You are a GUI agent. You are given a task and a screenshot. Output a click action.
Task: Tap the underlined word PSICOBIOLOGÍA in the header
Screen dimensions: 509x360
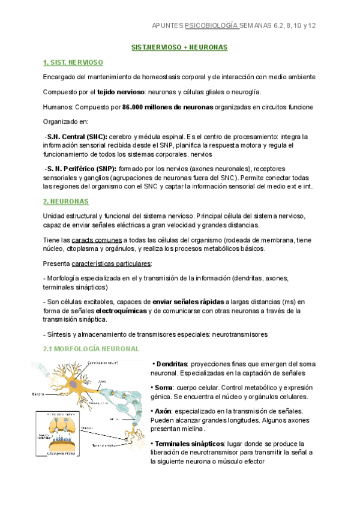click(x=212, y=26)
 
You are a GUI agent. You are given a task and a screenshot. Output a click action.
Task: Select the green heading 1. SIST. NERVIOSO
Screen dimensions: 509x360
click(x=73, y=62)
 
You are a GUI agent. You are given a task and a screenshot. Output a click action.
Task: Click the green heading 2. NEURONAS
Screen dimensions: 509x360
click(x=65, y=201)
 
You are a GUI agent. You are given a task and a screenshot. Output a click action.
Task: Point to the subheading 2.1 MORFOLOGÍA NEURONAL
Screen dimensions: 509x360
click(x=91, y=348)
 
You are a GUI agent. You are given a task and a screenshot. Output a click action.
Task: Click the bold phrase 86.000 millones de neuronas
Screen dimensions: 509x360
click(x=167, y=107)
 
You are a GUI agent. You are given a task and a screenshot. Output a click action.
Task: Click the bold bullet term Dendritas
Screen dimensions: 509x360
click(x=172, y=364)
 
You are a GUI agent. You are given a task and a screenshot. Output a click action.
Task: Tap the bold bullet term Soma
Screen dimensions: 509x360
click(x=165, y=388)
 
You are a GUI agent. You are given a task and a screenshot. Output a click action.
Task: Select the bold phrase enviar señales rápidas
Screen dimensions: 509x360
click(x=187, y=301)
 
